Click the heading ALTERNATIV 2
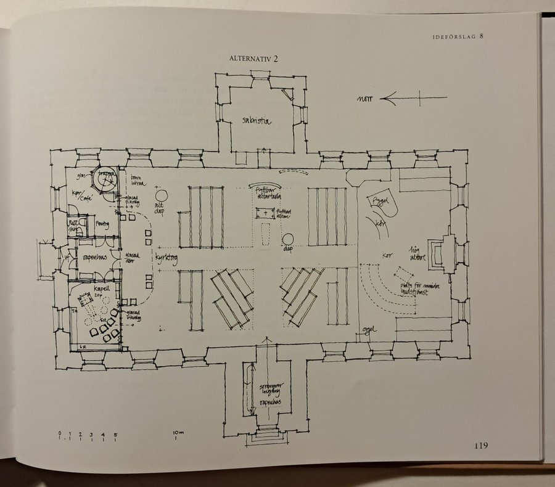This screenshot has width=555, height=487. coord(254,59)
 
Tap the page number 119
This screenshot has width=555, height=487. coord(481,446)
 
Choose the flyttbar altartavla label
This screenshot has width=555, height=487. coord(265,194)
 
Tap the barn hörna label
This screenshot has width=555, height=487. coord(137,181)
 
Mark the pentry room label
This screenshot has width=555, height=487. coord(102,225)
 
